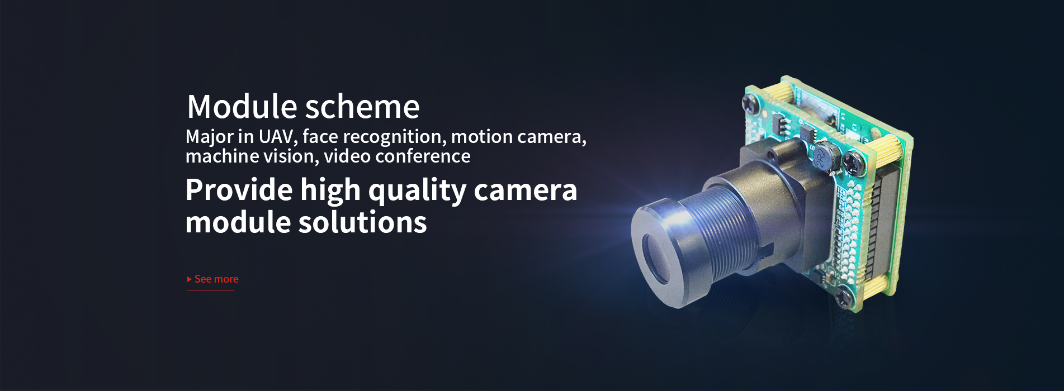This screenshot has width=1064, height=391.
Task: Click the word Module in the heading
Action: click(242, 106)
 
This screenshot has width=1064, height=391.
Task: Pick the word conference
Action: click(423, 156)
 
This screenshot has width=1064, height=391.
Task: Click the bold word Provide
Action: click(239, 190)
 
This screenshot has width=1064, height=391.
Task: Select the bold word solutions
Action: click(362, 222)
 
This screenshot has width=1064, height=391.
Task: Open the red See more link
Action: click(216, 279)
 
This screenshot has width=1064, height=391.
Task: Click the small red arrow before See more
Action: click(190, 279)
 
